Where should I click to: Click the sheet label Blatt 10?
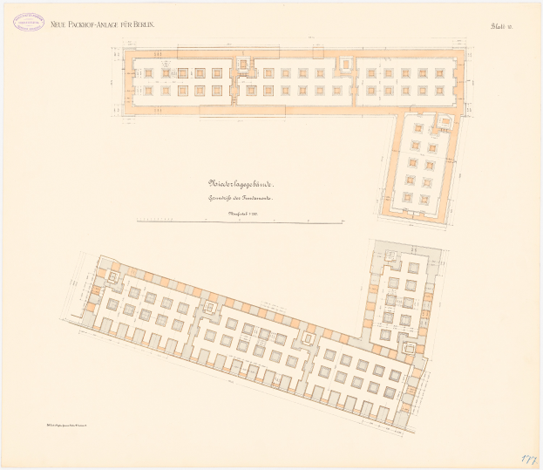coord(503,27)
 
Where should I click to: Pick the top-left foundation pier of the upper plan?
coord(147,72)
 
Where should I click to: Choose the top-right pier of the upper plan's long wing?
coord(439,72)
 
